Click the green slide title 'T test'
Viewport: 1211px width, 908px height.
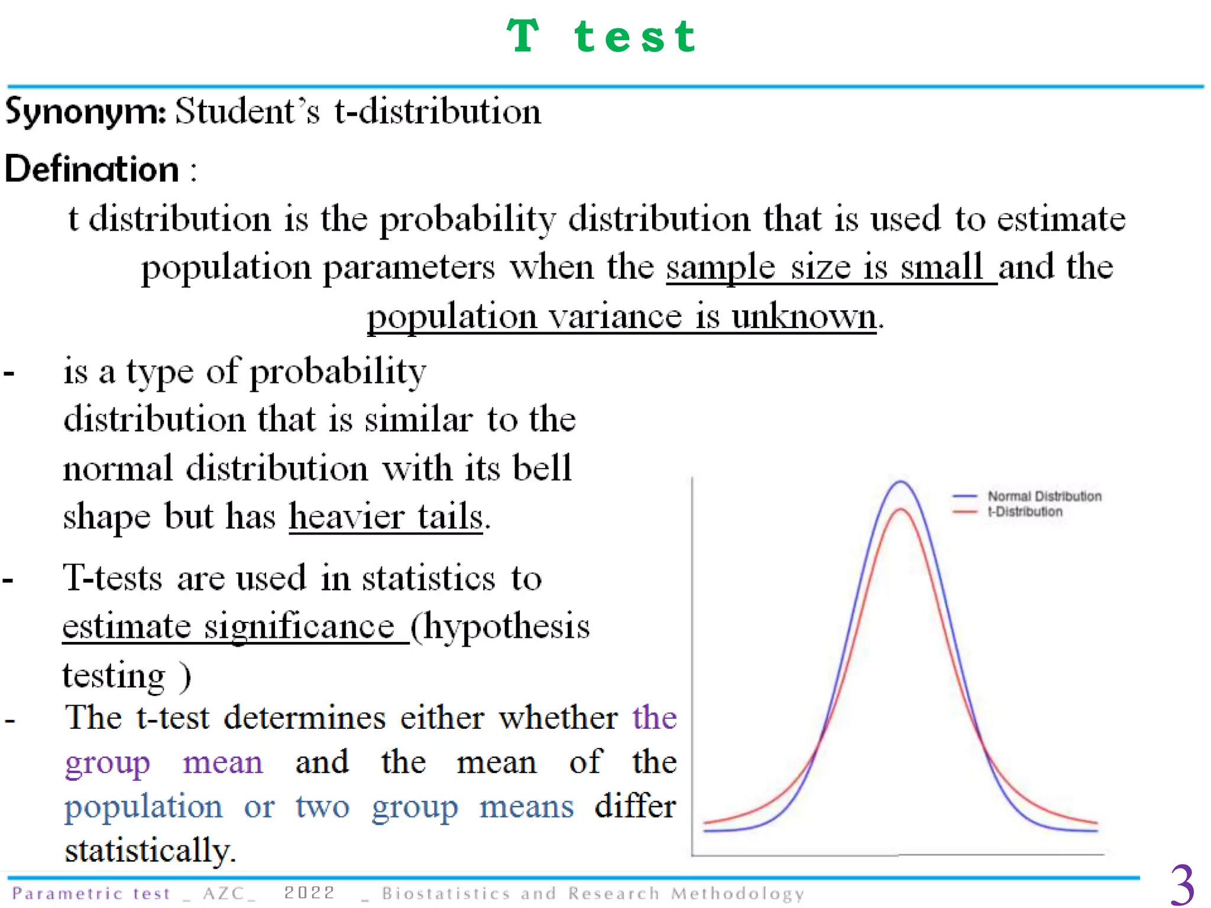[x=602, y=37]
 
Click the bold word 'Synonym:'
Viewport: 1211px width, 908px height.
[x=86, y=111]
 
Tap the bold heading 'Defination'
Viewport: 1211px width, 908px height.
[x=92, y=170]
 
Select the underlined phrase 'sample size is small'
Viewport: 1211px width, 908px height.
[x=830, y=267]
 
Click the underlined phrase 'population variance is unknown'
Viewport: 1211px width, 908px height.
[x=621, y=316]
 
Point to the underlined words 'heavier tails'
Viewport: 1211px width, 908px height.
[x=386, y=517]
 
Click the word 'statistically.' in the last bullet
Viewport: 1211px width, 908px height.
[x=150, y=851]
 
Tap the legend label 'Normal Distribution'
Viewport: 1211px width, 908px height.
[x=1044, y=497]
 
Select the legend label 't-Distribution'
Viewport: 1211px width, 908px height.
[x=1025, y=512]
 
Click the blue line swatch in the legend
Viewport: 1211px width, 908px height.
[x=964, y=497]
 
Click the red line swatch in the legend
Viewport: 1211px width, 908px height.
[x=964, y=512]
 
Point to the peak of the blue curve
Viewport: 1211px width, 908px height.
[x=900, y=482]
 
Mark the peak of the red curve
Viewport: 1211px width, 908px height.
[x=900, y=509]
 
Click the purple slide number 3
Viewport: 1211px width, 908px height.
[x=1182, y=885]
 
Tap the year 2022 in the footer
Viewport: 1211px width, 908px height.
[x=309, y=893]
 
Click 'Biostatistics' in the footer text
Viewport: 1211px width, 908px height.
[x=446, y=893]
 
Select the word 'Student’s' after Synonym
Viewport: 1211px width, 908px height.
[x=248, y=111]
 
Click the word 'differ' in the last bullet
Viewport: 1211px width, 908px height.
[x=635, y=807]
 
